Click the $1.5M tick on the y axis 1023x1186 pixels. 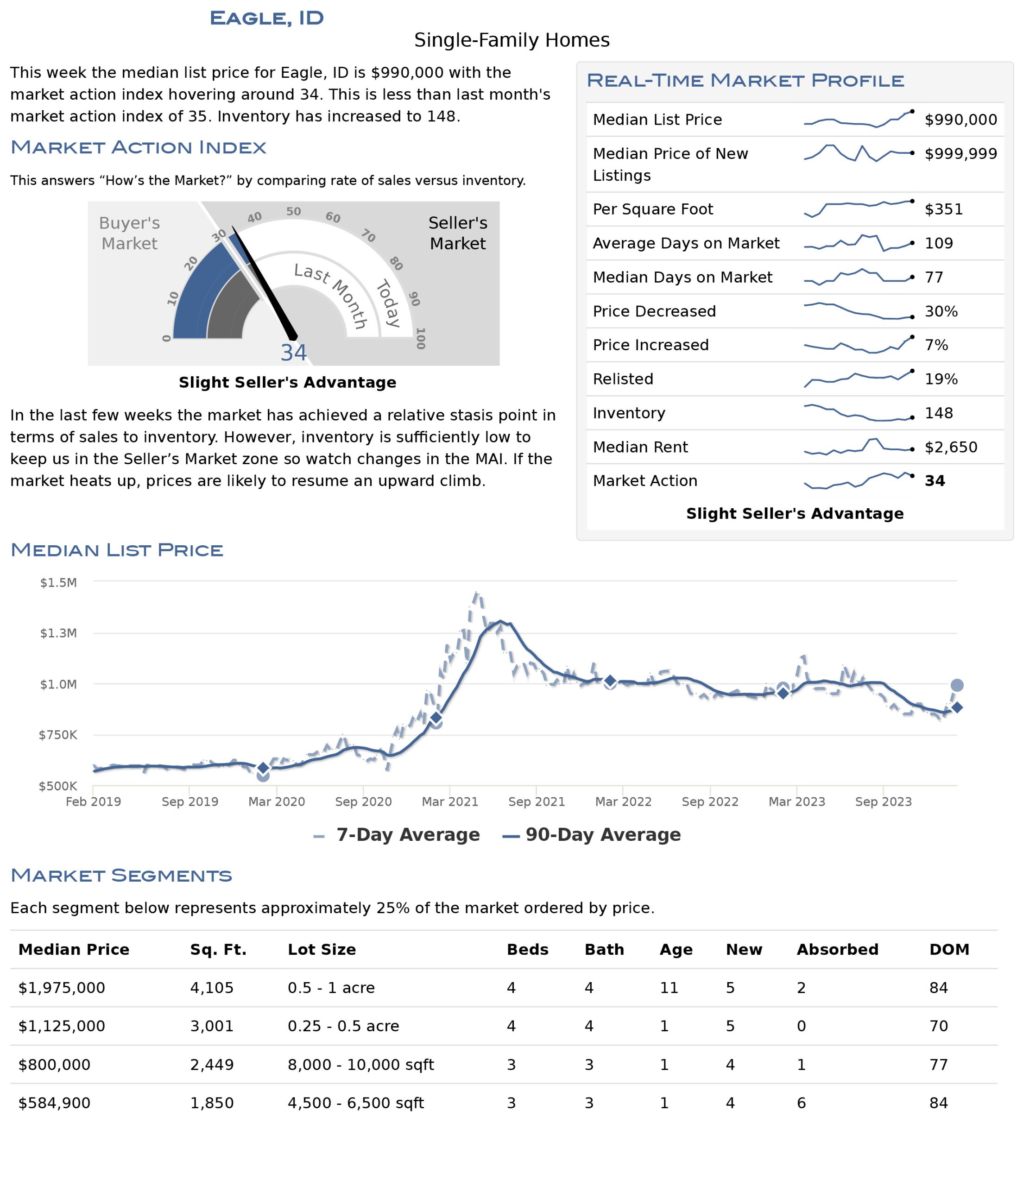tap(58, 583)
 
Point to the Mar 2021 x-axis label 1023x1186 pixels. tap(450, 801)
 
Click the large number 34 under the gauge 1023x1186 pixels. tap(293, 353)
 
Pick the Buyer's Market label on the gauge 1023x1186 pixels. tap(129, 233)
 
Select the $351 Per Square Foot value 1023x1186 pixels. tap(943, 209)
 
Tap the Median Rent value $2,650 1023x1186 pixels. tap(951, 447)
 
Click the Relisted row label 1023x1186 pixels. tap(623, 379)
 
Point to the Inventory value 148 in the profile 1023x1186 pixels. tap(939, 413)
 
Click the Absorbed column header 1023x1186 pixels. tap(838, 950)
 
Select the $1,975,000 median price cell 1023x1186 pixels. tap(62, 988)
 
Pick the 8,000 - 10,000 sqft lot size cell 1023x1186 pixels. tap(360, 1065)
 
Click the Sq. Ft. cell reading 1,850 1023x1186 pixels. tap(212, 1103)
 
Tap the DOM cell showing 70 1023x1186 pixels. tap(939, 1026)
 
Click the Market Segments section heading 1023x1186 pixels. tap(121, 875)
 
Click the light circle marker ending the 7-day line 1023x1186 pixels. tap(957, 685)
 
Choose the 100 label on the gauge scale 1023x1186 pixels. tap(420, 338)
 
